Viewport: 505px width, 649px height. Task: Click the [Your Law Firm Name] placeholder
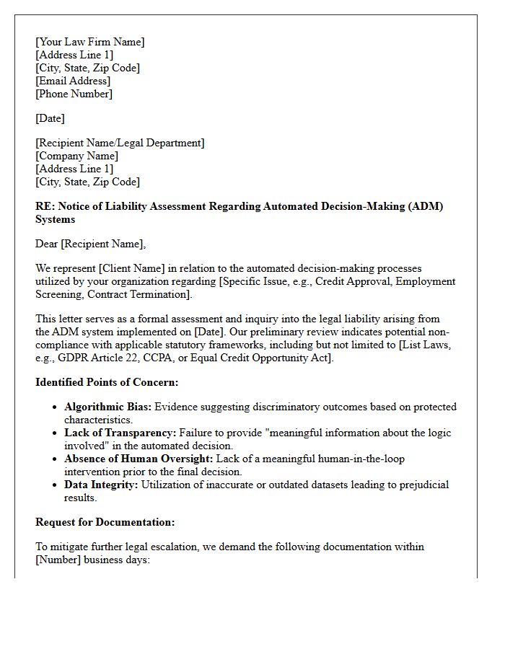[90, 42]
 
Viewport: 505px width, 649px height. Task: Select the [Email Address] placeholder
[73, 81]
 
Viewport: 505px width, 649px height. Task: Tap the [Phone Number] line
[74, 94]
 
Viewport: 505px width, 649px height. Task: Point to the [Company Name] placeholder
[77, 156]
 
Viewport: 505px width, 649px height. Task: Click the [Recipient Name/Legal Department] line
[120, 143]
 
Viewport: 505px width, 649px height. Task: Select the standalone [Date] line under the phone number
[50, 118]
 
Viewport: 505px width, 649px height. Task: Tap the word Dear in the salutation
[47, 244]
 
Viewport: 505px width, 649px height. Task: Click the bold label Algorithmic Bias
[107, 407]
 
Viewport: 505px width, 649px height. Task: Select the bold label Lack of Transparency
[120, 433]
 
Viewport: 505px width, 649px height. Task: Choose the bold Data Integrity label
[101, 485]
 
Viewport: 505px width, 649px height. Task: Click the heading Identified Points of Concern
[107, 382]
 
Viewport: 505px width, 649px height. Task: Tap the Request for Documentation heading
[105, 522]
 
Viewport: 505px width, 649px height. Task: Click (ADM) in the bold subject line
[426, 206]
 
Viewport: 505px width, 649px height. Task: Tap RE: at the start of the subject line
[45, 206]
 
